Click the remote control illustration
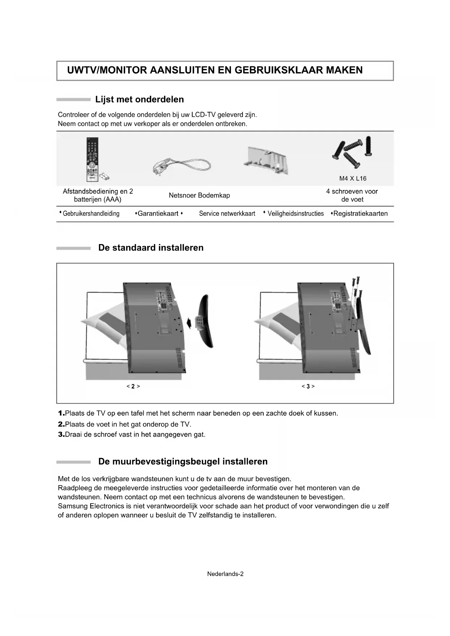click(92, 159)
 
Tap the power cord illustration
click(181, 167)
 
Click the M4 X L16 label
click(352, 178)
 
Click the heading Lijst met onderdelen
click(139, 99)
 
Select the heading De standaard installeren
click(151, 248)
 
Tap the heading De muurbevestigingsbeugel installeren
click(183, 462)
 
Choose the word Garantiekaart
click(158, 214)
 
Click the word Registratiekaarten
click(360, 214)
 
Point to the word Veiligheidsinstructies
click(296, 214)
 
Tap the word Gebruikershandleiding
click(91, 214)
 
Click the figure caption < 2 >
click(133, 387)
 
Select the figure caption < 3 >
click(308, 387)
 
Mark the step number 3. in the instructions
click(61, 434)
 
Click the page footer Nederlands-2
click(225, 574)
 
